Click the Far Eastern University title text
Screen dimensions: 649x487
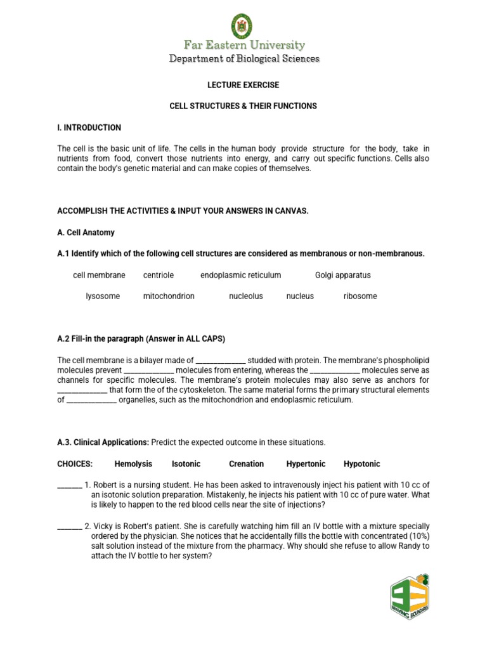point(244,45)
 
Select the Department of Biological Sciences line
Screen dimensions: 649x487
point(244,59)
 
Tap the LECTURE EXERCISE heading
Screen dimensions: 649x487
point(243,85)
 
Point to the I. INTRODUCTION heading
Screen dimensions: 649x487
point(89,127)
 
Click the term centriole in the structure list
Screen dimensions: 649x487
point(159,275)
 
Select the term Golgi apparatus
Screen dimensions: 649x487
point(342,275)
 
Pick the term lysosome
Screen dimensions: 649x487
point(103,296)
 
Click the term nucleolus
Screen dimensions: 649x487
point(245,296)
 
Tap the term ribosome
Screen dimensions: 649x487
point(360,296)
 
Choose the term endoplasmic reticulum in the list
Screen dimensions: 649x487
point(240,275)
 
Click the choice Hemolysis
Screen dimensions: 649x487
point(133,464)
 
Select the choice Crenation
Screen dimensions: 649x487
point(246,464)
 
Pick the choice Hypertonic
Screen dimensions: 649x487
point(306,464)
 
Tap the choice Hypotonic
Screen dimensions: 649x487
point(361,464)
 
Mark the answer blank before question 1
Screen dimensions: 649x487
point(69,485)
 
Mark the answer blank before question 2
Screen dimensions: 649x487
point(69,526)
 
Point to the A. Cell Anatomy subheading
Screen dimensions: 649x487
point(86,233)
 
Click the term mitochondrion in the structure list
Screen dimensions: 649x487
point(169,296)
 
